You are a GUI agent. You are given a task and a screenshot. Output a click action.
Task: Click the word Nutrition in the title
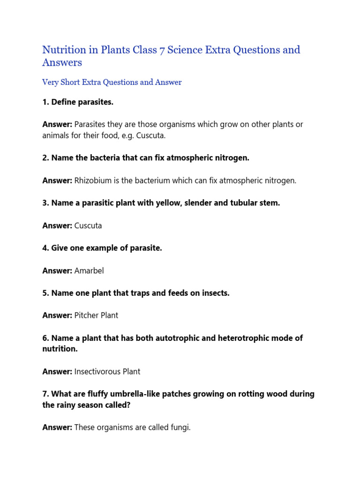(64, 50)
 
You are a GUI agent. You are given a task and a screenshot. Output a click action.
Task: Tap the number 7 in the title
(162, 50)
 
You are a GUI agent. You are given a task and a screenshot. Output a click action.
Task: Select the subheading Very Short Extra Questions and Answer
(112, 82)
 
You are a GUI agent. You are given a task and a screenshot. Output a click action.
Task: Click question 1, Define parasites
(78, 102)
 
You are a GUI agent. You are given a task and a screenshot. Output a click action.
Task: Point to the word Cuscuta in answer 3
(88, 226)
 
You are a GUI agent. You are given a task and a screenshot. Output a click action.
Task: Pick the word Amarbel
(89, 271)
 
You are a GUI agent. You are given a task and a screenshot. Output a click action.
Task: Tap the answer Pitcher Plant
(96, 316)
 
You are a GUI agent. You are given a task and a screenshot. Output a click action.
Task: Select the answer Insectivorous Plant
(107, 372)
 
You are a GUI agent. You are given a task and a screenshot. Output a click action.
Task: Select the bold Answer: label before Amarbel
(57, 271)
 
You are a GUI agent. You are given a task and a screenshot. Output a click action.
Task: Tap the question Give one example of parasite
(102, 248)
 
